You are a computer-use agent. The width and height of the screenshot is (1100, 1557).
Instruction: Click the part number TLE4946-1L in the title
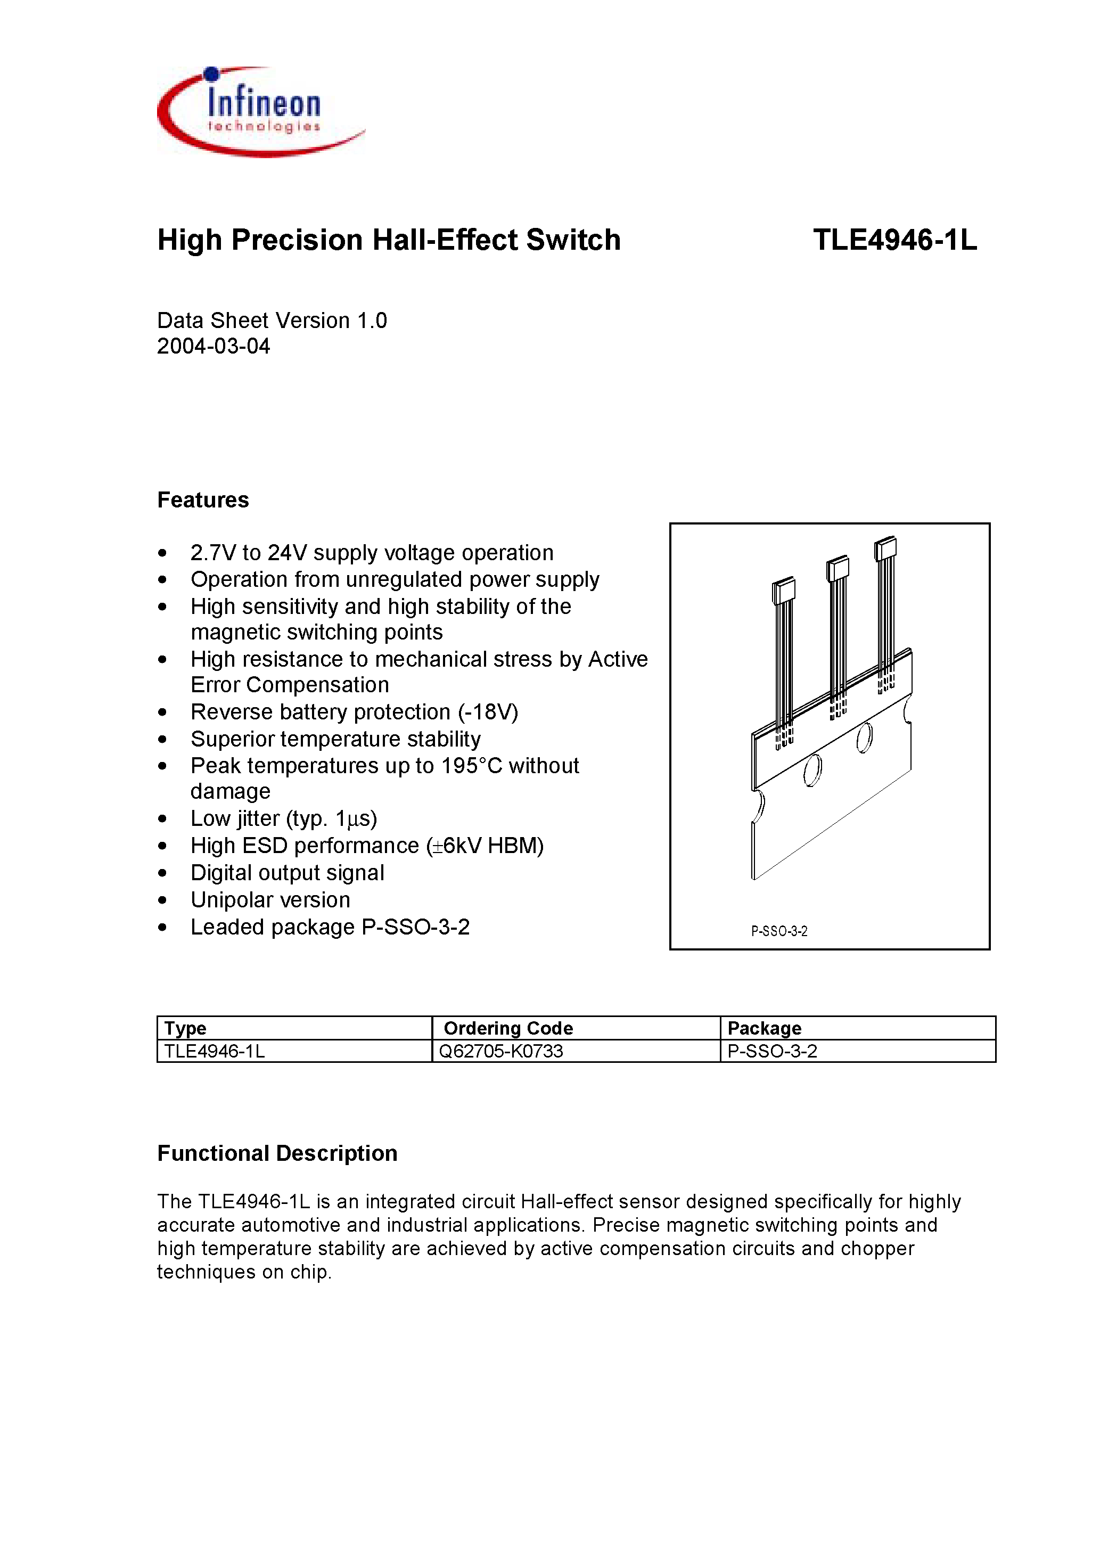[x=894, y=240]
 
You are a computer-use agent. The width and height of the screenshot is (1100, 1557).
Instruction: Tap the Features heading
[x=203, y=500]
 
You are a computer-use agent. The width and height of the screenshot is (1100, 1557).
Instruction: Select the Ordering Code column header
[x=508, y=1028]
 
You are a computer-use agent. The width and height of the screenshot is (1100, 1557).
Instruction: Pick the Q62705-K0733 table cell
[x=501, y=1051]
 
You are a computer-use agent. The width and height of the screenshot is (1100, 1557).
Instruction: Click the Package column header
[x=765, y=1028]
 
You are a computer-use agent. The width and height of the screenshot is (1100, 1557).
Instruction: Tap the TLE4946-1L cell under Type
[x=215, y=1051]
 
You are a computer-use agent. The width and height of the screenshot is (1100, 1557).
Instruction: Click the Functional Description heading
[x=277, y=1153]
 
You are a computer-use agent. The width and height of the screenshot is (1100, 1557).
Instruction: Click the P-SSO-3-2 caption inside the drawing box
[x=779, y=931]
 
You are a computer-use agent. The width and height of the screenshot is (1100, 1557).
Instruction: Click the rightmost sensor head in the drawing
[x=885, y=548]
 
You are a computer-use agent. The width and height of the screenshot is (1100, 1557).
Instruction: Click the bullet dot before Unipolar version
[x=162, y=900]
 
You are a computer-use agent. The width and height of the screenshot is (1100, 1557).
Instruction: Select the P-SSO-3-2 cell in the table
[x=772, y=1051]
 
